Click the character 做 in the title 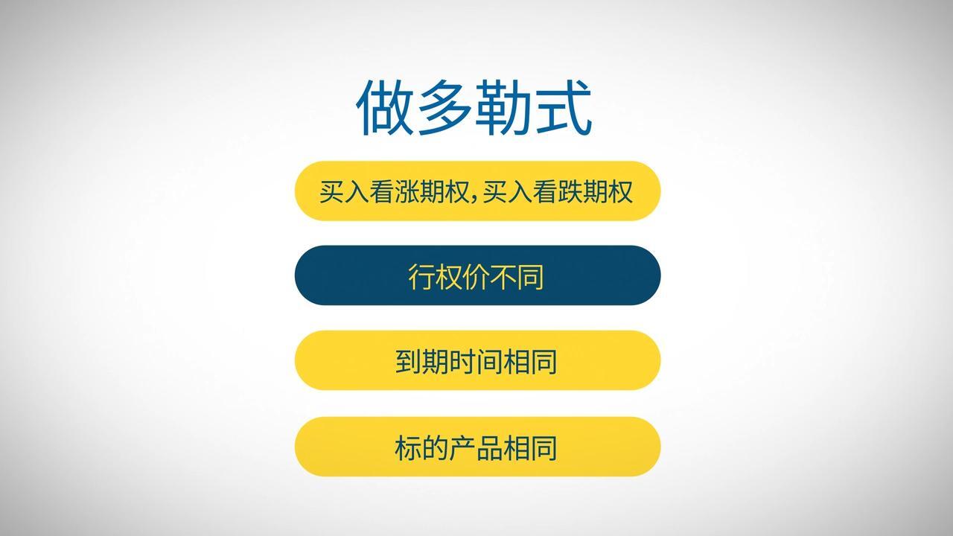click(x=386, y=109)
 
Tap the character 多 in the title click(x=444, y=109)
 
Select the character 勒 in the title click(x=503, y=109)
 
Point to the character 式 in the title click(x=563, y=109)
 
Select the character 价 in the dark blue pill click(x=476, y=276)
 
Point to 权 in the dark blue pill click(x=448, y=276)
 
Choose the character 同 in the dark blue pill click(x=531, y=276)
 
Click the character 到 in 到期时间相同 click(x=408, y=362)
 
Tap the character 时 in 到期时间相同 click(x=462, y=362)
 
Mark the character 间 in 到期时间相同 click(x=490, y=362)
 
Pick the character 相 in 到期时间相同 click(x=517, y=362)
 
